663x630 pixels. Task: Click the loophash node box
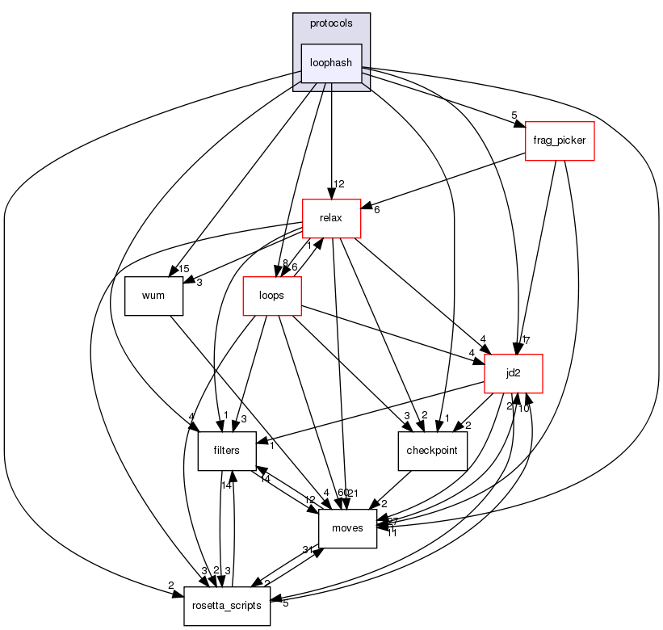tap(331, 63)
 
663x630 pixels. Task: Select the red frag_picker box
tap(560, 141)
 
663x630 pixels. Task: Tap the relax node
tap(331, 217)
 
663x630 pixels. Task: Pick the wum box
tap(153, 295)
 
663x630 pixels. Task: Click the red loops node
tap(272, 295)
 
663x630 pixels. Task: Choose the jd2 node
tap(512, 373)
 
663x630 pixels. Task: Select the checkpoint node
tap(433, 451)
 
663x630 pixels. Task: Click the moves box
tap(348, 528)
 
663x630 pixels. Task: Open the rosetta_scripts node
tap(227, 606)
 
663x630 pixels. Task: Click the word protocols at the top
tap(331, 23)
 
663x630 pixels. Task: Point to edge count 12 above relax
tap(340, 184)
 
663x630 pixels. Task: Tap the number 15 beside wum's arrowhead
tap(183, 269)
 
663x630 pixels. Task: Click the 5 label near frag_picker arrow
tap(514, 115)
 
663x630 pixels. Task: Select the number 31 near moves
tap(308, 550)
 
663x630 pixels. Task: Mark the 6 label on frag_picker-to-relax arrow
tap(376, 210)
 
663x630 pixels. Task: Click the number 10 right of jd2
tap(523, 408)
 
